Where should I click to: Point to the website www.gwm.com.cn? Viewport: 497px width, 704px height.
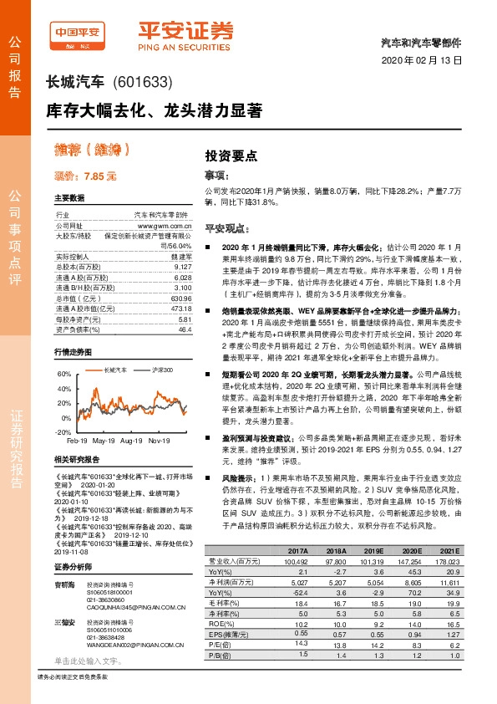(x=165, y=225)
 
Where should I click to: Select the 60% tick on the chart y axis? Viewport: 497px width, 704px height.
(x=63, y=373)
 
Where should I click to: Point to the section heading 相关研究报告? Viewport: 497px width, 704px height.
(x=76, y=459)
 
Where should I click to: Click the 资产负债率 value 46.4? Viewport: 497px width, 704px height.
(x=185, y=307)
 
